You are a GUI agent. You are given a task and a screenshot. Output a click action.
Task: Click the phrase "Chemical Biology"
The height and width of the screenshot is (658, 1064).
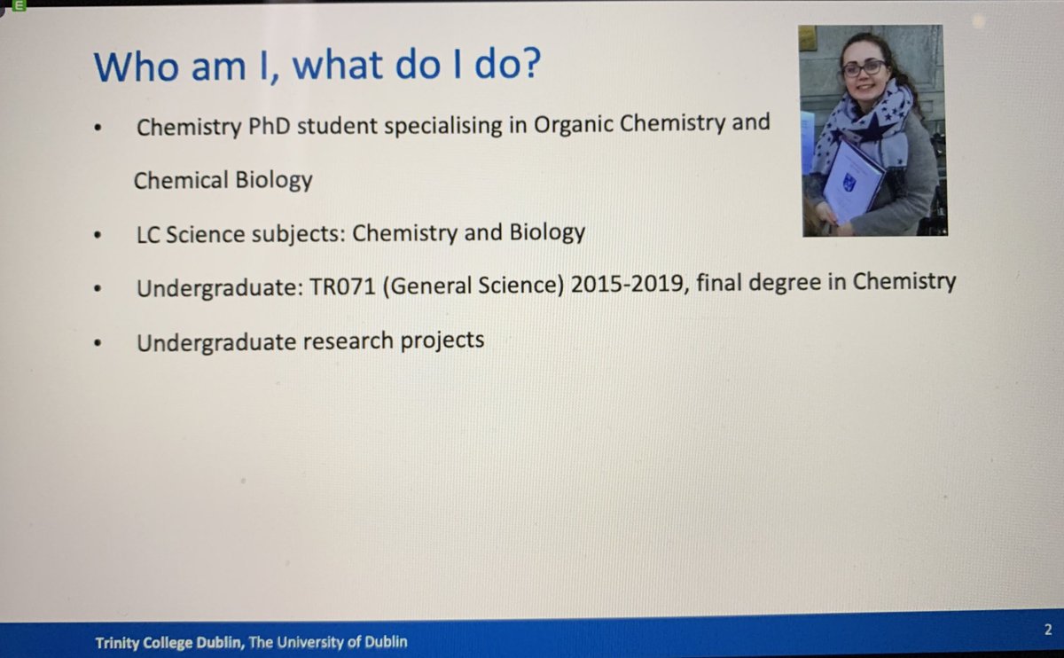pyautogui.click(x=223, y=180)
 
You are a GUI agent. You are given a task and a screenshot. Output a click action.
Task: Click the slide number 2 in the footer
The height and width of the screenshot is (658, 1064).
pyautogui.click(x=1048, y=631)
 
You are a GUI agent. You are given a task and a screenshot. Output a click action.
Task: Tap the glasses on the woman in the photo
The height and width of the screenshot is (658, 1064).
pyautogui.click(x=864, y=67)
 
